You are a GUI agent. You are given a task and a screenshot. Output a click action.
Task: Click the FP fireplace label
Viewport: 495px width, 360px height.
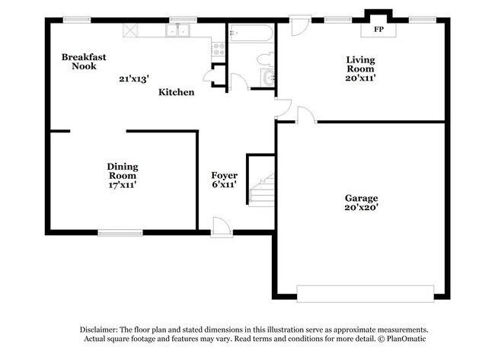click(377, 30)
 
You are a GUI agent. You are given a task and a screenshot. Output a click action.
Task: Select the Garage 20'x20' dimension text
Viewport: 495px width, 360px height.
click(361, 206)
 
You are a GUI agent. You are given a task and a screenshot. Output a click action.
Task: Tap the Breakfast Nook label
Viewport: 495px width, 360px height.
click(84, 62)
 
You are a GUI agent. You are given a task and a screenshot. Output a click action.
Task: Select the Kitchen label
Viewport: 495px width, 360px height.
click(176, 92)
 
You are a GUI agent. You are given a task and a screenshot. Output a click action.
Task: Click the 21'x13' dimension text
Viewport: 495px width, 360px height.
click(134, 78)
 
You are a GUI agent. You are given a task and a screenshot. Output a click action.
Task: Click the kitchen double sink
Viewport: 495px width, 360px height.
click(179, 30)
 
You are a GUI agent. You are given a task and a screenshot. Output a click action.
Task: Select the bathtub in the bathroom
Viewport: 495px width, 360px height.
click(250, 33)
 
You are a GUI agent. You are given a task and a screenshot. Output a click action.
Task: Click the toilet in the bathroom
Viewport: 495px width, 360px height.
click(264, 59)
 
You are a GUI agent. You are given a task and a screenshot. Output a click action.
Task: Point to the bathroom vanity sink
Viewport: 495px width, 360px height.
click(267, 77)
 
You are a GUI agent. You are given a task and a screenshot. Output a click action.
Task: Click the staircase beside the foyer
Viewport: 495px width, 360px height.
click(260, 187)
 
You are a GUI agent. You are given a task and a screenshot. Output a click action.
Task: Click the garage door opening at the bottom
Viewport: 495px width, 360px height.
click(366, 292)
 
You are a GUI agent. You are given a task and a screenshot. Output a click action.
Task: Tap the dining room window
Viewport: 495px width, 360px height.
click(119, 232)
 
